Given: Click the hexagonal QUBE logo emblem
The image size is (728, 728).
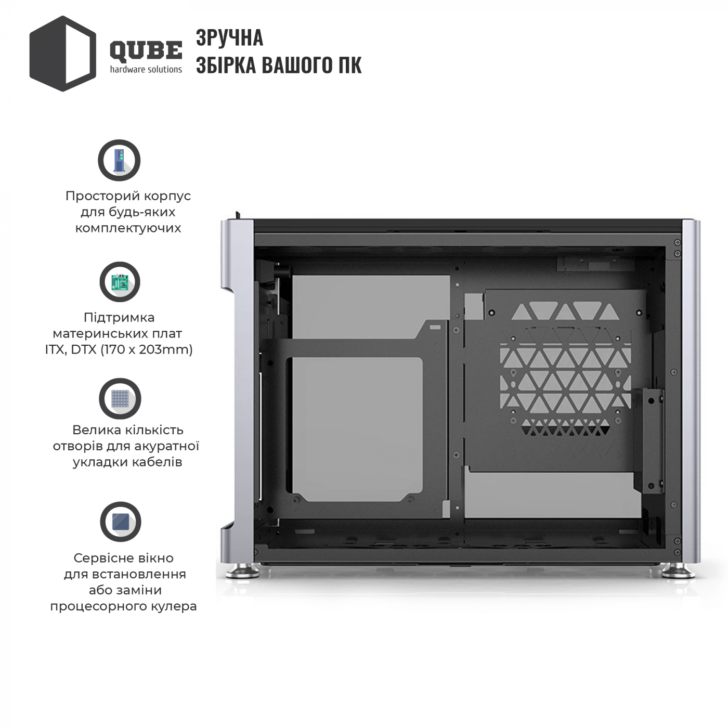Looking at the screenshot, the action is pos(63,54).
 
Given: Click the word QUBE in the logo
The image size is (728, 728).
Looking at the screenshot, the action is pos(146,51).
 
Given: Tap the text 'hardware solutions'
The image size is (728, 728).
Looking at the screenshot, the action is pos(146,69).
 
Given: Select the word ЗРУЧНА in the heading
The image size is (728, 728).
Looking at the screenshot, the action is pos(229,38).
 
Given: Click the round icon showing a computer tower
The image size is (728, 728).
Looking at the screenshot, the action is pos(120,160).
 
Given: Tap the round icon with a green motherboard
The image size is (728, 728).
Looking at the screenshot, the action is pos(120,282).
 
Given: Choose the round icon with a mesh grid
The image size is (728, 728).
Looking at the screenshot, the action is pos(120,398).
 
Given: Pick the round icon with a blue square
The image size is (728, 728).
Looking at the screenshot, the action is pos(121,522).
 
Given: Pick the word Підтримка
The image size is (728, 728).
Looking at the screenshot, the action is pos(119,318).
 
